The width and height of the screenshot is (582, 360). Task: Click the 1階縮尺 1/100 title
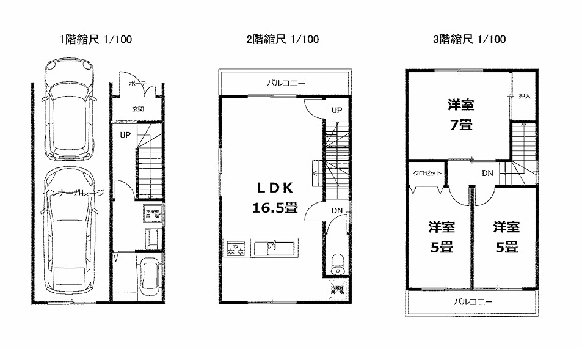[x=95, y=40]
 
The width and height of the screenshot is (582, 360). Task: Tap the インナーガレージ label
[x=73, y=193]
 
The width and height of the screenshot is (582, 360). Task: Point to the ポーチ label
[x=136, y=84]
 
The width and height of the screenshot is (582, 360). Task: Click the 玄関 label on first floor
[x=137, y=109]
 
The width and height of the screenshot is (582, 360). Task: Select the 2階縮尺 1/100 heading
[x=282, y=40]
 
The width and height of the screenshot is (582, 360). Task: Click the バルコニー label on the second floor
[x=285, y=83]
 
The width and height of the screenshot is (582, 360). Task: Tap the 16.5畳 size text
[x=275, y=208]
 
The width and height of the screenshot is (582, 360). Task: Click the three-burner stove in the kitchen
[x=236, y=249]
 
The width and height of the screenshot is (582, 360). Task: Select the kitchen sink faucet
[x=274, y=246]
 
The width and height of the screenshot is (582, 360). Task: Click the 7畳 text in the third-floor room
[x=460, y=125]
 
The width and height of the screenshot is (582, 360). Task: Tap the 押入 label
[x=524, y=96]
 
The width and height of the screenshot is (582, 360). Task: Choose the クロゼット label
[x=427, y=173]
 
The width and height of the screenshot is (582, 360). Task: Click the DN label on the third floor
[x=487, y=173]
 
